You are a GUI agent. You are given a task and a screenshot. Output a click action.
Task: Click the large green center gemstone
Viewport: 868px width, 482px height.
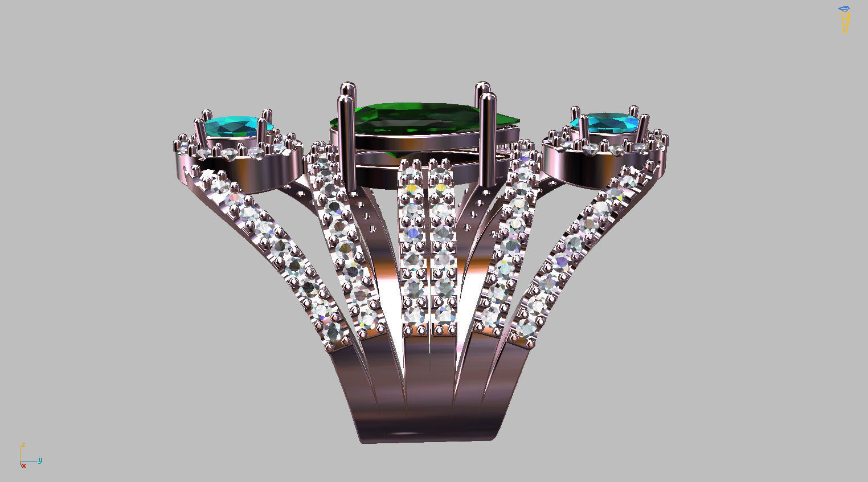(x=419, y=120)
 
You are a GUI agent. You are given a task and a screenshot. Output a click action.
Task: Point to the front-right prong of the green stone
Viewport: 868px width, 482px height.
(x=487, y=142)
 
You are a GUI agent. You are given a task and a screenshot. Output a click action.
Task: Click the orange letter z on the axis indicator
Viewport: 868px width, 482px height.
(x=23, y=444)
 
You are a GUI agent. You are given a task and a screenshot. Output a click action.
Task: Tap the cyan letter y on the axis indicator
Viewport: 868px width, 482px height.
(x=40, y=460)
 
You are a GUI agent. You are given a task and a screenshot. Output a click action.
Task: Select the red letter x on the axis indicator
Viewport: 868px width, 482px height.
(x=24, y=466)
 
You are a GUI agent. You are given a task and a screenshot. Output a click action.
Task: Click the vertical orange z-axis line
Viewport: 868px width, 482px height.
(x=21, y=454)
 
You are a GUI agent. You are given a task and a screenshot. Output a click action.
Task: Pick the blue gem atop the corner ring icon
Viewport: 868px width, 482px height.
(x=844, y=9)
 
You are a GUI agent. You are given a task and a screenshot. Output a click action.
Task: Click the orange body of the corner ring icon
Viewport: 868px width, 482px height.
(x=845, y=23)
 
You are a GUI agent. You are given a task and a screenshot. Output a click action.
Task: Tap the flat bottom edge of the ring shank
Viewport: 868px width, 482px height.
(x=427, y=440)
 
